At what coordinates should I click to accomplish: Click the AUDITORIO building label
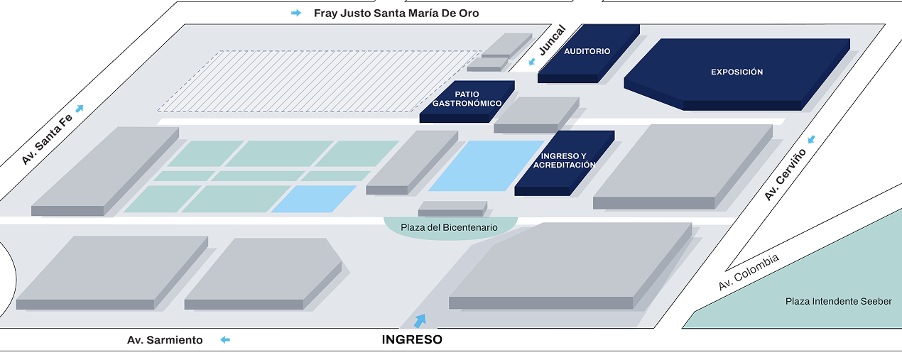click(x=587, y=51)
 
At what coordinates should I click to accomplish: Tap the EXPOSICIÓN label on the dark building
click(x=737, y=72)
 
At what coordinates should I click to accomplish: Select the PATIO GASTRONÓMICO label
click(x=467, y=99)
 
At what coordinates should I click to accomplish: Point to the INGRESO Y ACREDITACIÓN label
click(x=564, y=160)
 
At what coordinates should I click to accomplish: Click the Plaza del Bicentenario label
click(x=449, y=227)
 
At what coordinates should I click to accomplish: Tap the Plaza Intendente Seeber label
click(x=838, y=301)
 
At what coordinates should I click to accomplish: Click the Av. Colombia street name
click(x=749, y=272)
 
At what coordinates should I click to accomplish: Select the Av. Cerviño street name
click(x=786, y=175)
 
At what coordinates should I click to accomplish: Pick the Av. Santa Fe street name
click(x=47, y=139)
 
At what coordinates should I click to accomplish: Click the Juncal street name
click(x=552, y=40)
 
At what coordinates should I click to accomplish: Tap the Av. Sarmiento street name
click(x=165, y=340)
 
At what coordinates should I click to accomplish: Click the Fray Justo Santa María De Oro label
click(x=396, y=13)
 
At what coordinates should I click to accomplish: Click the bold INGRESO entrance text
click(x=412, y=339)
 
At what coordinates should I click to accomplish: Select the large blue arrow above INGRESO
click(x=420, y=321)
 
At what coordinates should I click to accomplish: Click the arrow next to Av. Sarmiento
click(x=225, y=340)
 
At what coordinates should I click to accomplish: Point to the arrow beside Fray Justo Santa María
click(x=296, y=13)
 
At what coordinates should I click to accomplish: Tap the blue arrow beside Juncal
click(x=532, y=61)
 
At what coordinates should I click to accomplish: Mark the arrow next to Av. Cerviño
click(x=811, y=139)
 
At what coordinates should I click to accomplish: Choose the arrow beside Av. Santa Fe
click(x=80, y=108)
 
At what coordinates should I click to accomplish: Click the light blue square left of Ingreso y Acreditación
click(x=487, y=165)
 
